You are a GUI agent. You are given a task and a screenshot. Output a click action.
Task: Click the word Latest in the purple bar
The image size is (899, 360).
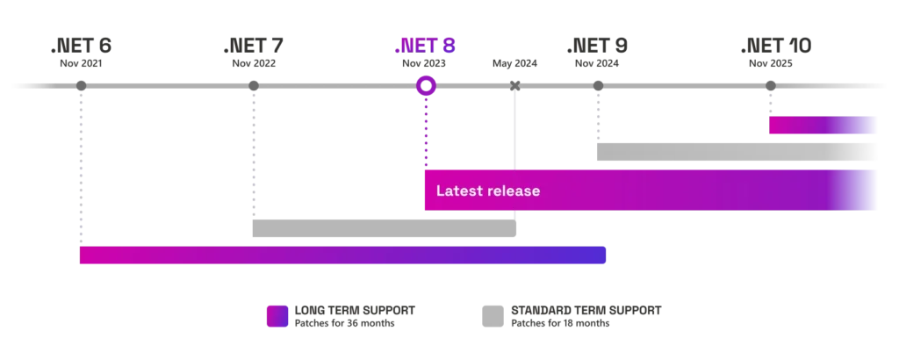(x=457, y=191)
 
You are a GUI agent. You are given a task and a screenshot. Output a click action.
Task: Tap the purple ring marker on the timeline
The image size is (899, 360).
(x=426, y=85)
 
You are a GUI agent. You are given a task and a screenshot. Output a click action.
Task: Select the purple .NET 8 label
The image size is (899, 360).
(x=426, y=47)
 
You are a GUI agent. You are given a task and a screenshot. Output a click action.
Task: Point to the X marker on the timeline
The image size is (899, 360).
(x=515, y=85)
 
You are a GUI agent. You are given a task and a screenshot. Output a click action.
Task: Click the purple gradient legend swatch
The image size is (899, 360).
(x=275, y=316)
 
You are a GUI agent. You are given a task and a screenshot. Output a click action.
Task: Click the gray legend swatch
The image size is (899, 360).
(x=492, y=316)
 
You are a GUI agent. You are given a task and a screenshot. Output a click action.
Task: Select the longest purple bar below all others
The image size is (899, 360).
(x=343, y=256)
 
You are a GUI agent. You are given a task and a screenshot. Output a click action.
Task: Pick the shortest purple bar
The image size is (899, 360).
(x=823, y=126)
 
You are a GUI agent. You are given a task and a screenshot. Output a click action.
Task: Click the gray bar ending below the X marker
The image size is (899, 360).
(x=383, y=228)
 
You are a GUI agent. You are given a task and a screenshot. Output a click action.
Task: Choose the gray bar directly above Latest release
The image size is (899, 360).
(x=733, y=151)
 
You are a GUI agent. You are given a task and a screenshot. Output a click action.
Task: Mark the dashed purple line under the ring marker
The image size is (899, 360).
(x=426, y=132)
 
